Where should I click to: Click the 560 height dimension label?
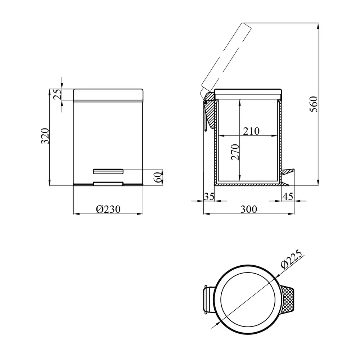pos(314,104)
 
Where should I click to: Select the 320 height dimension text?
pos(45,136)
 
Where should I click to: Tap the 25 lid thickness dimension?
pos(58,94)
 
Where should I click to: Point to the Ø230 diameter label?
pos(108,209)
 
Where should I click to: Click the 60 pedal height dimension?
pos(158,177)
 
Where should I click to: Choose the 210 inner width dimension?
pos(251,131)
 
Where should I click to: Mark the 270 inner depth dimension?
pos(235,152)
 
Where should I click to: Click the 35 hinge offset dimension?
pos(209,197)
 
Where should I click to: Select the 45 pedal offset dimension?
pos(288,197)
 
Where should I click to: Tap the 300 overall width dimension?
pos(249,209)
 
